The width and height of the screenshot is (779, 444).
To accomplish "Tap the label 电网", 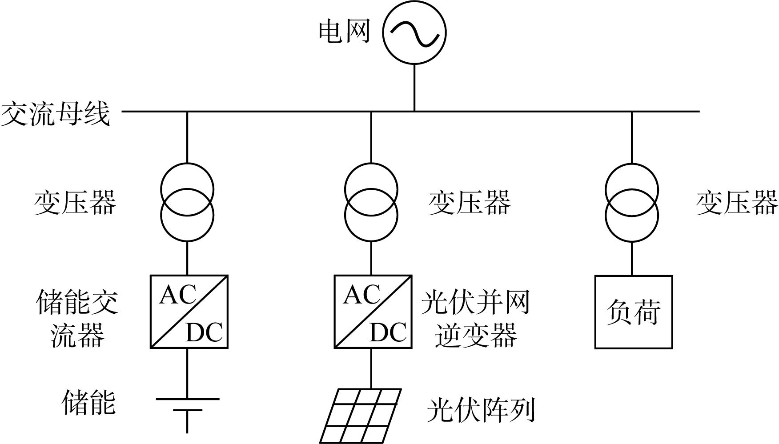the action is (345, 32).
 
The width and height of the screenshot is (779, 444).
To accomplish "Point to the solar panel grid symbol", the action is (361, 416).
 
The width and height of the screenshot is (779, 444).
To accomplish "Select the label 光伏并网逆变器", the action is (476, 318).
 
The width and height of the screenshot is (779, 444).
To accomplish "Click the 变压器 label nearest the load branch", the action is (737, 203).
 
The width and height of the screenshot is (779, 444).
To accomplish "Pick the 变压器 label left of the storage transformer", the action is (75, 203).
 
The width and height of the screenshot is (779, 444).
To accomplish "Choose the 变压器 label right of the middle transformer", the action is (470, 203).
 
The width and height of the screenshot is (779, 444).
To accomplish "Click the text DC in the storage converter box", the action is (204, 332).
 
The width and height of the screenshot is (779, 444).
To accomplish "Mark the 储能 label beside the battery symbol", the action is (89, 403).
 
